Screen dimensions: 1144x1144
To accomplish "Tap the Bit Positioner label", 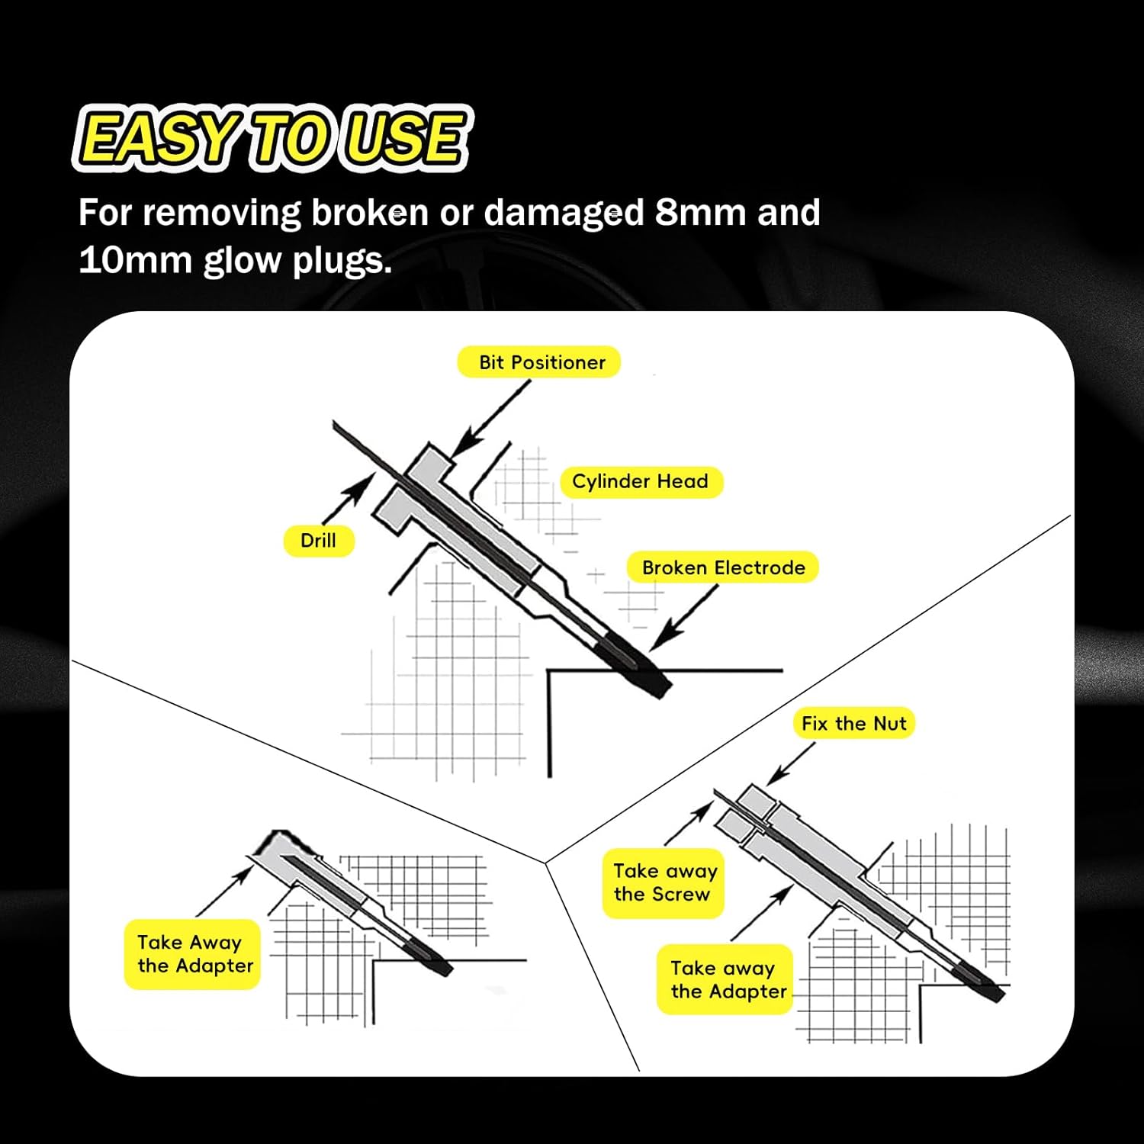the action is tap(539, 362).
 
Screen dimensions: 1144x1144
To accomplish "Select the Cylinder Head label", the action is tap(641, 482).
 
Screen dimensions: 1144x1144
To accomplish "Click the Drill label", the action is tap(318, 541).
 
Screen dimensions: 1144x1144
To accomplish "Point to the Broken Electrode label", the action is tap(722, 567).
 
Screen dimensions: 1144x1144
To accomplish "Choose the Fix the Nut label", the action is tap(853, 723).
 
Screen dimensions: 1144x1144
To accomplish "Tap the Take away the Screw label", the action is tap(664, 882).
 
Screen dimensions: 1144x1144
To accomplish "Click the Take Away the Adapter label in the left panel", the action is tap(193, 954).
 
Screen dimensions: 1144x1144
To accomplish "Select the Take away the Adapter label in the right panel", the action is tap(726, 979).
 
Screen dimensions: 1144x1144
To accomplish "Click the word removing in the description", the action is tap(221, 213).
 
